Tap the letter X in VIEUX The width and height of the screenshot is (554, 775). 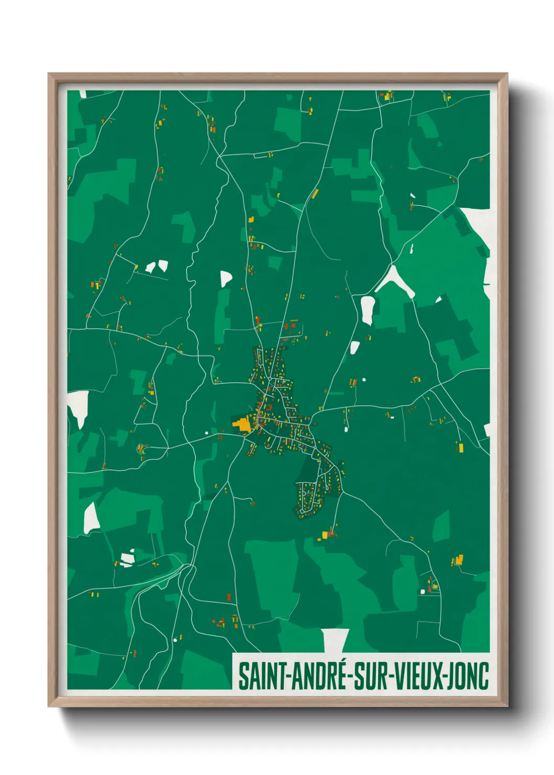[439, 676]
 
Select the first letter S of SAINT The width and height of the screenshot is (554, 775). [243, 676]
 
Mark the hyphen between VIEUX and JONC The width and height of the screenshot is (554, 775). [446, 677]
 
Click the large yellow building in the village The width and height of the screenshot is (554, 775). [242, 424]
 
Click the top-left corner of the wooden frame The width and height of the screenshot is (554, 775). [49, 74]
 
